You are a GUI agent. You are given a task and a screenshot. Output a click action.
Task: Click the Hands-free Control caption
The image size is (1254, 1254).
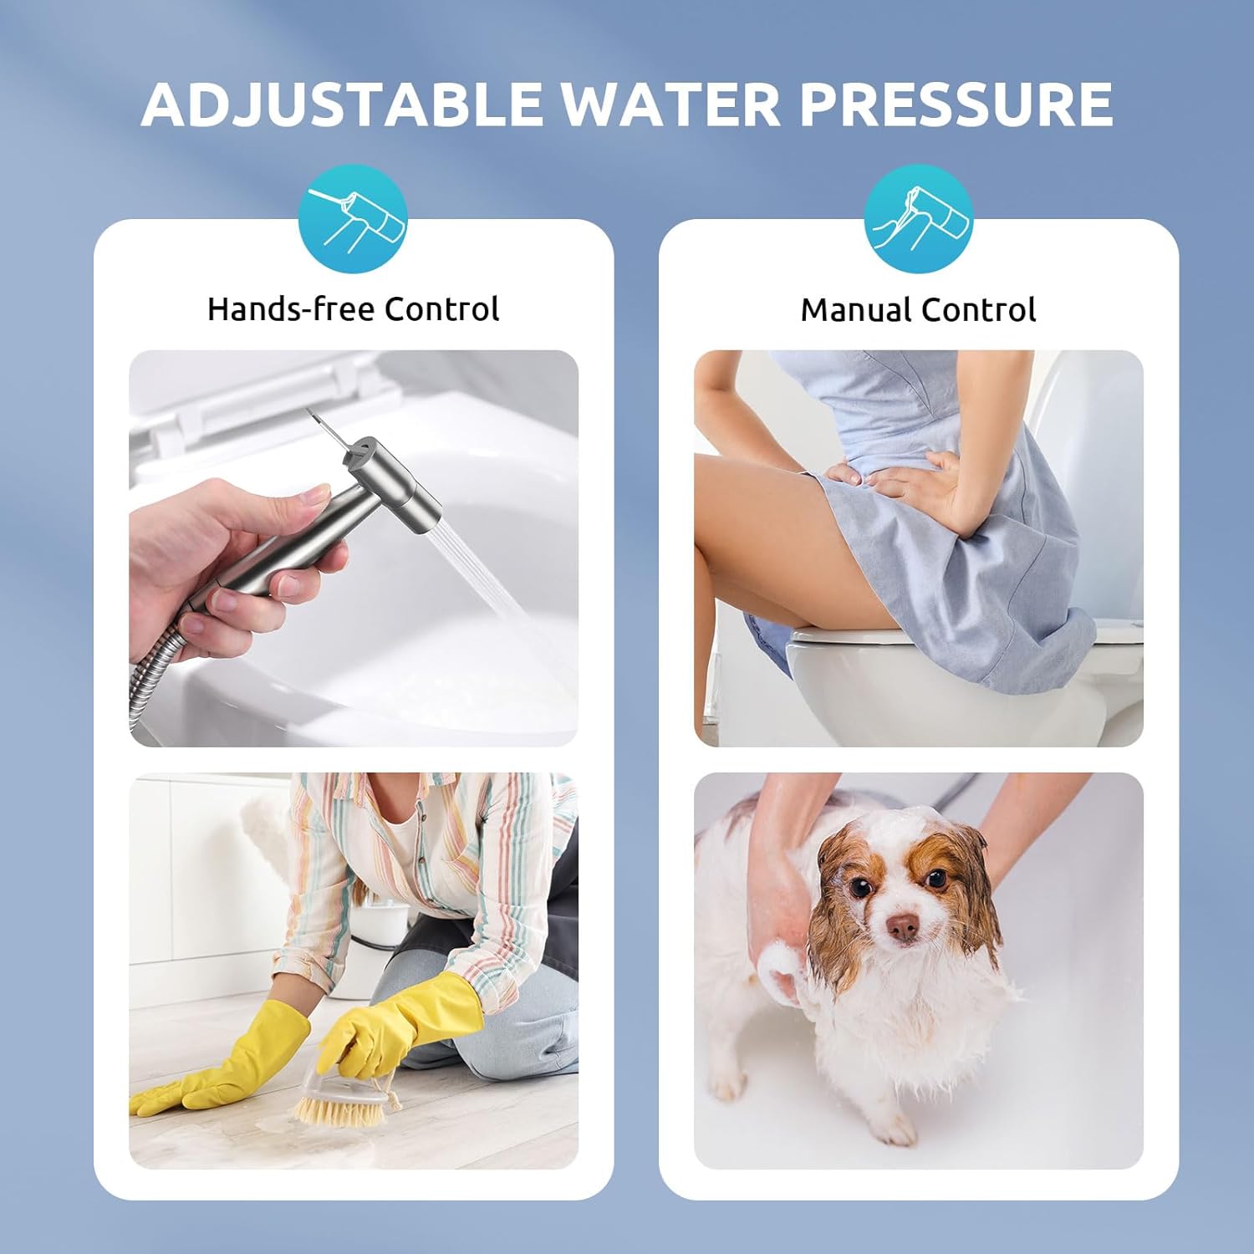tap(353, 309)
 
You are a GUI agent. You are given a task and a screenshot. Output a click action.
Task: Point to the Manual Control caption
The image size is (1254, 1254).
tap(918, 310)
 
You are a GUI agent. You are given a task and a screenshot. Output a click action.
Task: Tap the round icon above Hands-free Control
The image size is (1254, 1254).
tap(354, 219)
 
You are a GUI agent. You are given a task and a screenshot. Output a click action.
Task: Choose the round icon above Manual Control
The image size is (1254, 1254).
tap(919, 219)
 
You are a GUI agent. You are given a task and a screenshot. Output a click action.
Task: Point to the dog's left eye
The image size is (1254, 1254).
tap(936, 879)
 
